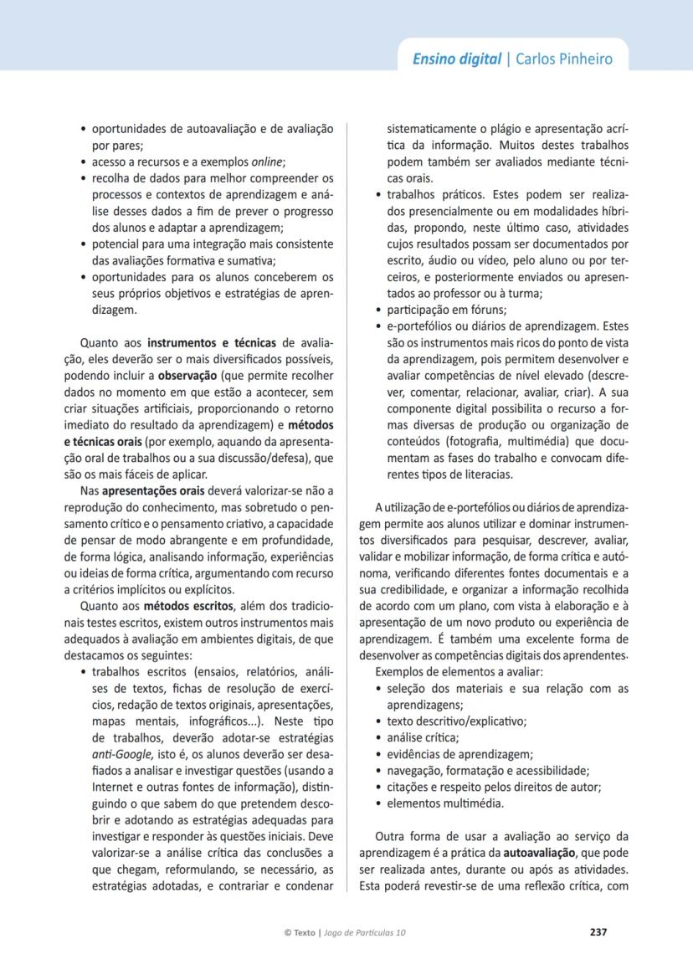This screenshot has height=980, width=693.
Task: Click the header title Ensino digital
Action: coord(456,59)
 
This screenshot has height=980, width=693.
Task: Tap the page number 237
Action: coord(598,931)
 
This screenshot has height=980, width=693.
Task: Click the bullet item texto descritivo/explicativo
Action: coord(456,721)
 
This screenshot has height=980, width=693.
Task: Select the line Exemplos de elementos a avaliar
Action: coord(459,672)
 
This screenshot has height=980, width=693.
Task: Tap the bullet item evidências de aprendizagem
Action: coord(459,753)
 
